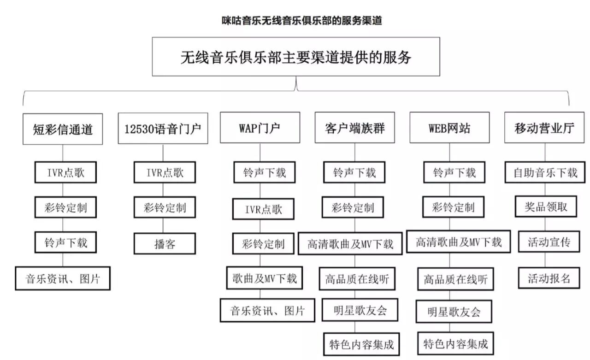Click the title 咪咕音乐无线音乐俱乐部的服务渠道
[x=301, y=21]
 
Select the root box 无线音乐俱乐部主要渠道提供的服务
[x=295, y=57]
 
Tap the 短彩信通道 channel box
[x=63, y=128]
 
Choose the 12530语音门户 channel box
[x=163, y=128]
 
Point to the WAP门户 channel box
[x=260, y=128]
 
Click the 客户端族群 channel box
[x=355, y=128]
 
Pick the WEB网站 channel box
[x=449, y=128]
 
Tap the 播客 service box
[x=165, y=243]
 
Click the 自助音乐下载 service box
[x=545, y=173]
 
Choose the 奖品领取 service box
[x=546, y=207]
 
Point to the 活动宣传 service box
[x=546, y=242]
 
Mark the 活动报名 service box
[x=546, y=278]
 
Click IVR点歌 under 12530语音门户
[x=165, y=173]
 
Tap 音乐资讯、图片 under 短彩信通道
[x=63, y=278]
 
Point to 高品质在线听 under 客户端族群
[x=357, y=278]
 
